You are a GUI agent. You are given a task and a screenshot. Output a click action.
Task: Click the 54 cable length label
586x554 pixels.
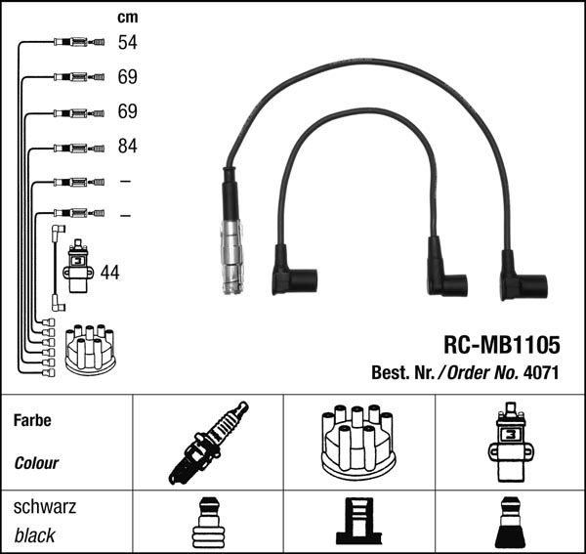coord(127,42)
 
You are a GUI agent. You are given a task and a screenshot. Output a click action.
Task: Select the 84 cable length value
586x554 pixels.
coord(127,147)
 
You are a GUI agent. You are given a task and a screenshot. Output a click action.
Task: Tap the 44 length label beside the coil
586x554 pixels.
coord(109,273)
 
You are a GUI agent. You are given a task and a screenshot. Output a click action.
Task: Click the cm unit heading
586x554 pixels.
coord(127,17)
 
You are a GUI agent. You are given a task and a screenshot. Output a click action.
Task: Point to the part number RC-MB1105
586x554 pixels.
coord(501,346)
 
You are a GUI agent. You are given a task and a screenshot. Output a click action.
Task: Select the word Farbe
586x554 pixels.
coord(32,421)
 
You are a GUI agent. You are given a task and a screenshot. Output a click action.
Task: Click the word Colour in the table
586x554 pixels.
coord(37,463)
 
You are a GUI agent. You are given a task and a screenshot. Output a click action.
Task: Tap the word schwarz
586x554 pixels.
coord(45,508)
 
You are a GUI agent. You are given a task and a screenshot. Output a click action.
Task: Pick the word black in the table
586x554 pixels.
coord(35,535)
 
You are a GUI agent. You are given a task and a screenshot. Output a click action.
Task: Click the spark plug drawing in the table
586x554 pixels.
coord(208,443)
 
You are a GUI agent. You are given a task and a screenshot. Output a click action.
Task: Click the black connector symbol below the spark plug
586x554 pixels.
coord(208,523)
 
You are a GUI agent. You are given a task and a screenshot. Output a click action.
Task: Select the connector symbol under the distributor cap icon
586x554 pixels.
coord(358,523)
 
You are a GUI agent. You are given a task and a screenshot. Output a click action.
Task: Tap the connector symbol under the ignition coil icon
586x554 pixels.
coord(510,523)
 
